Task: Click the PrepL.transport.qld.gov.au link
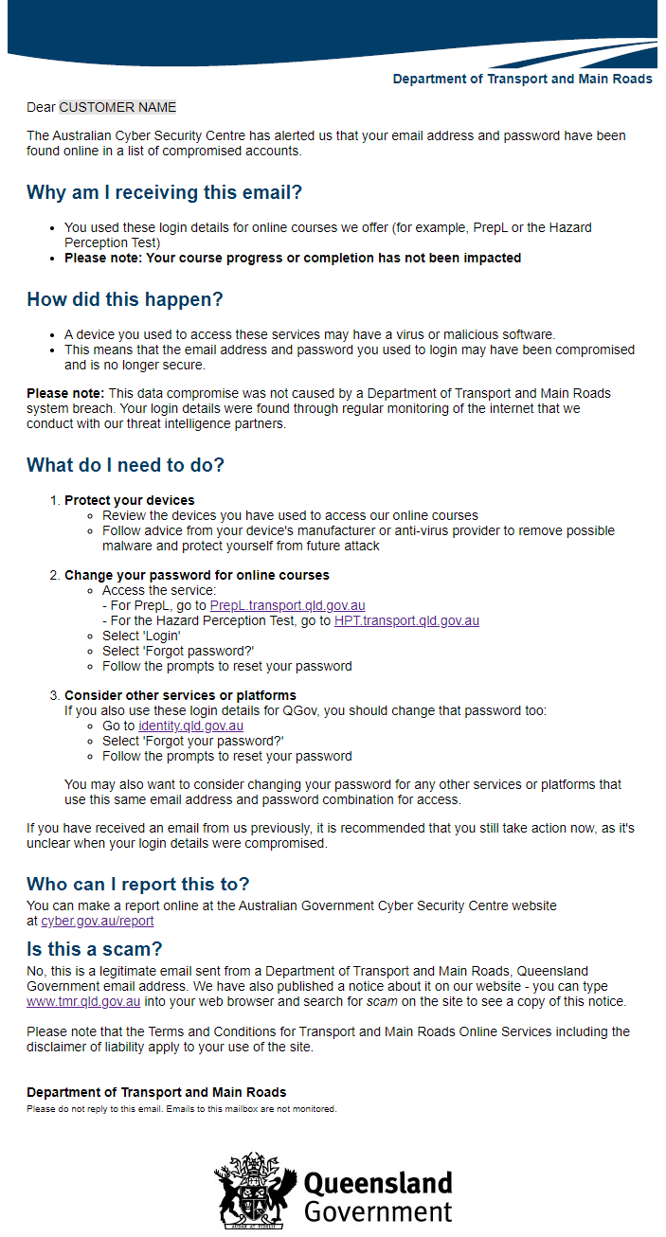287,605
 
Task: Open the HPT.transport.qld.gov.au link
406,620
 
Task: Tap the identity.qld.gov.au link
190,726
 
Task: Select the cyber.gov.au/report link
97,921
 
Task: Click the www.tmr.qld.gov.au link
83,1001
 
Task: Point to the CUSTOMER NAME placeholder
117,107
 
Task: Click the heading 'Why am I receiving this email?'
164,192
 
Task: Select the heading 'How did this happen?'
124,299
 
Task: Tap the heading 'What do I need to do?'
125,465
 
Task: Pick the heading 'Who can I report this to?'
137,884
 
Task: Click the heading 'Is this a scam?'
94,949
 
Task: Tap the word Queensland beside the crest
377,1183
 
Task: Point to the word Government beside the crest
377,1211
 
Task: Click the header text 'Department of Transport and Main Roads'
522,79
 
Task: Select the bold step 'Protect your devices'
129,500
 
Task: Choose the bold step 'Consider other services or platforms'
180,695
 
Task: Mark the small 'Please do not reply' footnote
181,1108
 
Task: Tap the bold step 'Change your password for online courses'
196,575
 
